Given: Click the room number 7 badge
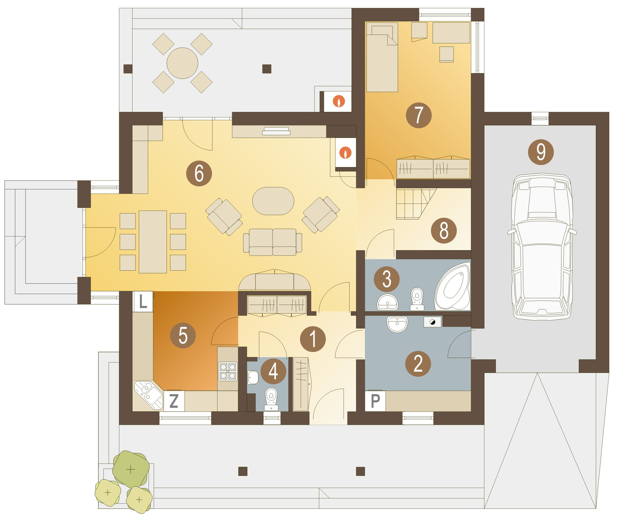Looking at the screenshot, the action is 418,115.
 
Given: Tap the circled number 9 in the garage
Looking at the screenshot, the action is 541,152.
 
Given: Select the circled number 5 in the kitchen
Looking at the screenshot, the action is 183,335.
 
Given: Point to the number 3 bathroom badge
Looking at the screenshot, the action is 387,279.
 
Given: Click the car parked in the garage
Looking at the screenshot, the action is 541,247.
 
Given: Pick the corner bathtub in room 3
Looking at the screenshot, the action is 452,286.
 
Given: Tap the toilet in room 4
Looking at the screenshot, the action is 271,399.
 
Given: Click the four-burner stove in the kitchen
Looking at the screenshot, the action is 228,371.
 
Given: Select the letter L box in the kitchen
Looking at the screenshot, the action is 143,302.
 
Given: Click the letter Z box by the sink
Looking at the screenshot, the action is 174,401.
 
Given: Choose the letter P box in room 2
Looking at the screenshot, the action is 375,401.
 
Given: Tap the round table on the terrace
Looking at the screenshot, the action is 182,63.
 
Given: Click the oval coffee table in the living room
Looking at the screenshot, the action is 273,201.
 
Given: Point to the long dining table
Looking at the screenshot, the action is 152,242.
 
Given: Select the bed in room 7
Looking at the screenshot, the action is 382,57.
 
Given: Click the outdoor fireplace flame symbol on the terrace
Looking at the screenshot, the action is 339,101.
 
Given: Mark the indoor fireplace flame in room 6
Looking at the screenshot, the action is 345,152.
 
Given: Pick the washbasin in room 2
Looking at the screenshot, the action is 397,324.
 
